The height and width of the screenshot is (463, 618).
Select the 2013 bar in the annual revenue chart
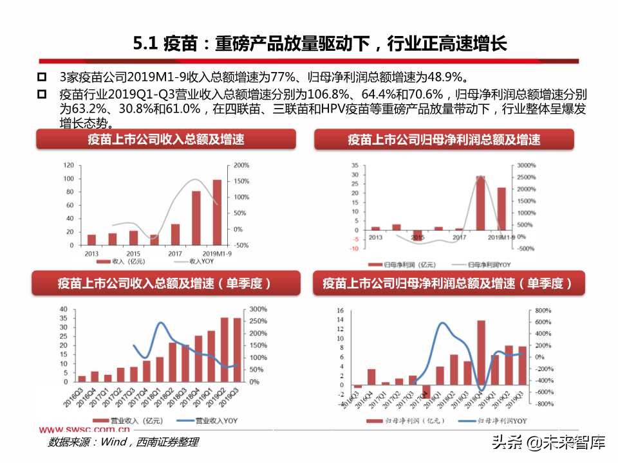[x=91, y=239]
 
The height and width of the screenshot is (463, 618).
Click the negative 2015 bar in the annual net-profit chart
[x=417, y=235]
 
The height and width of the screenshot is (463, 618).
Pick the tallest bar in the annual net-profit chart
[x=480, y=203]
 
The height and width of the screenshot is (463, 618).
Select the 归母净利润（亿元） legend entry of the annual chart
[x=397, y=264]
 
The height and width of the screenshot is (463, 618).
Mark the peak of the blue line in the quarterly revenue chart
[x=160, y=323]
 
